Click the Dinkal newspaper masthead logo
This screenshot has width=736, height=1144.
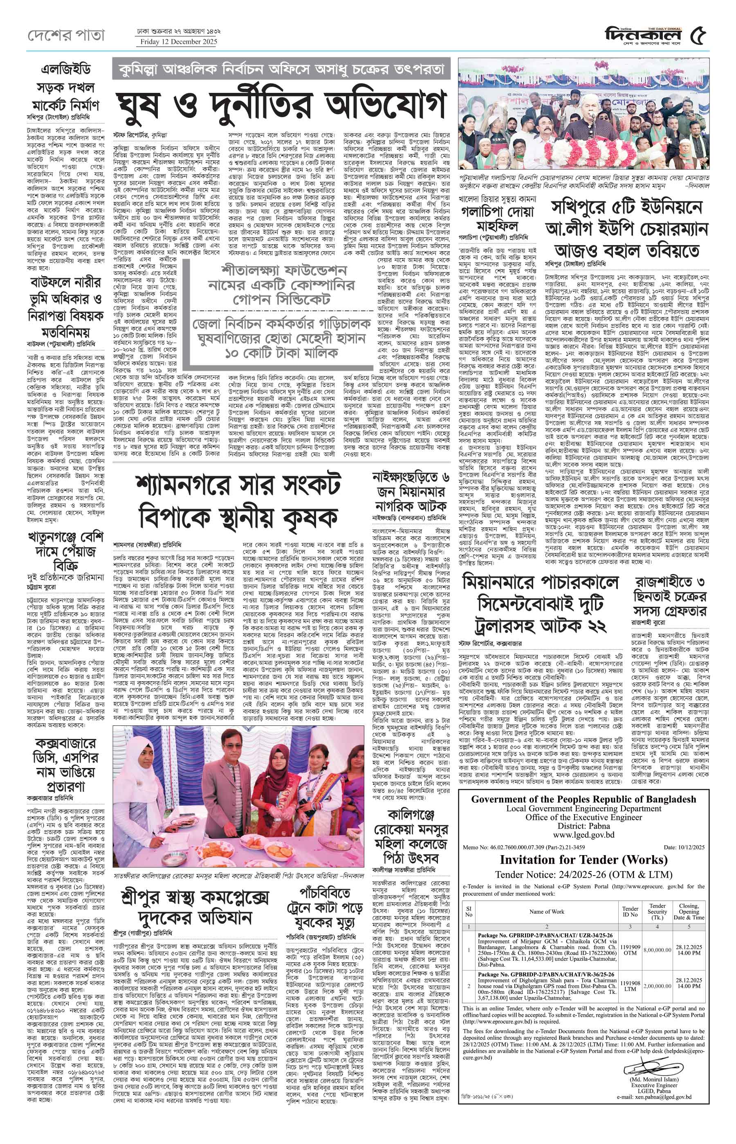click(x=645, y=34)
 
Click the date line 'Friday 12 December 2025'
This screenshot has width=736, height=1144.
click(x=179, y=42)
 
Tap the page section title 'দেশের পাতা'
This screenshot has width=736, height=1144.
click(x=65, y=35)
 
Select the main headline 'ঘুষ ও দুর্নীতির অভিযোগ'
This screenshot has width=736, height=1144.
click(x=282, y=105)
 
